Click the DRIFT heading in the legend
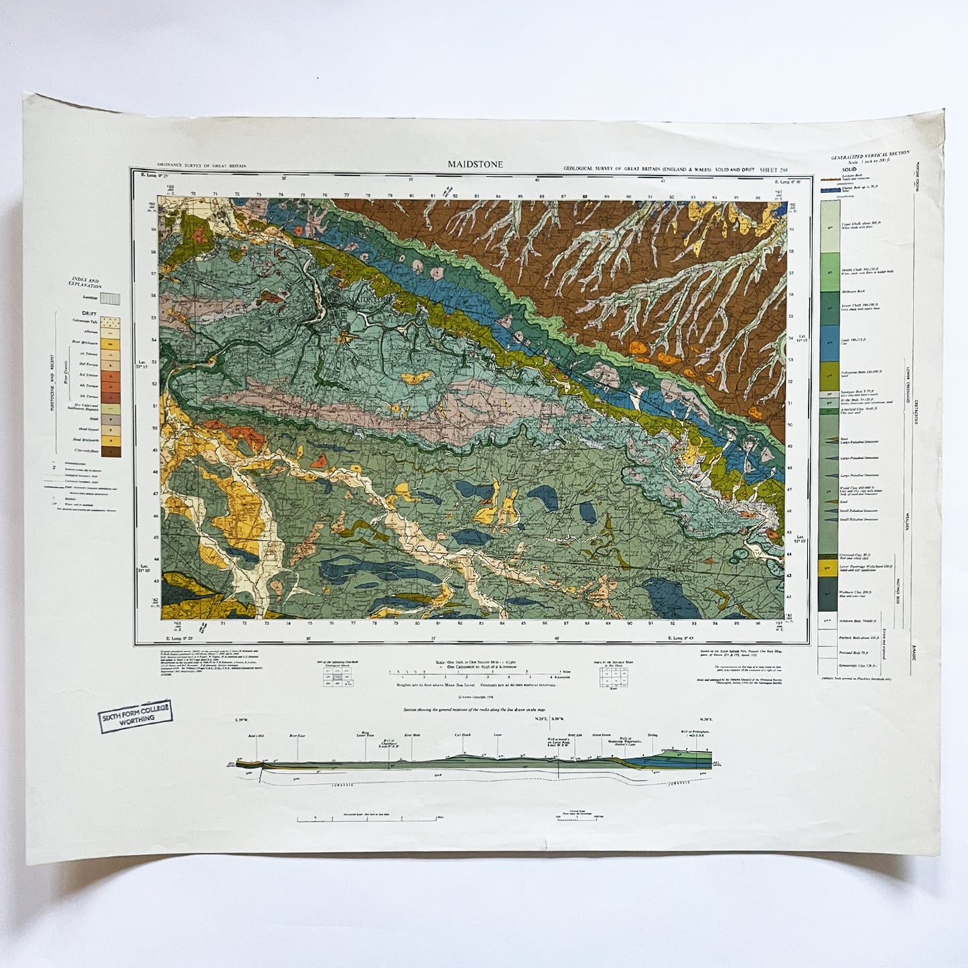point(90,313)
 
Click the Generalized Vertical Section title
point(869,155)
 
